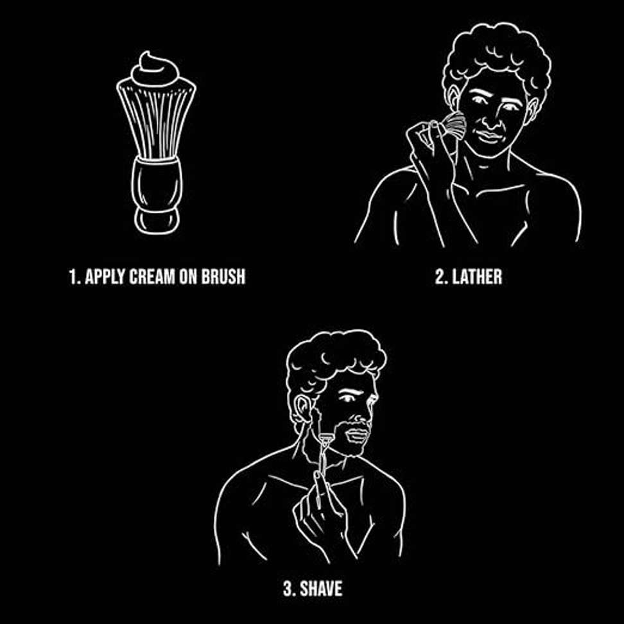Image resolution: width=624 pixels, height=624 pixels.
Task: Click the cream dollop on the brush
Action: click(155, 71)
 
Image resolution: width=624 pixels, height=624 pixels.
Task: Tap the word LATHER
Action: click(476, 277)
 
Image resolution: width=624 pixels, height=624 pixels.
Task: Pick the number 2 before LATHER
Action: click(440, 277)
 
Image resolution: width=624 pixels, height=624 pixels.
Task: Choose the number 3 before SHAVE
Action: click(287, 588)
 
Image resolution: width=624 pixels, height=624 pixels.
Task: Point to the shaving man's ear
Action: click(300, 409)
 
